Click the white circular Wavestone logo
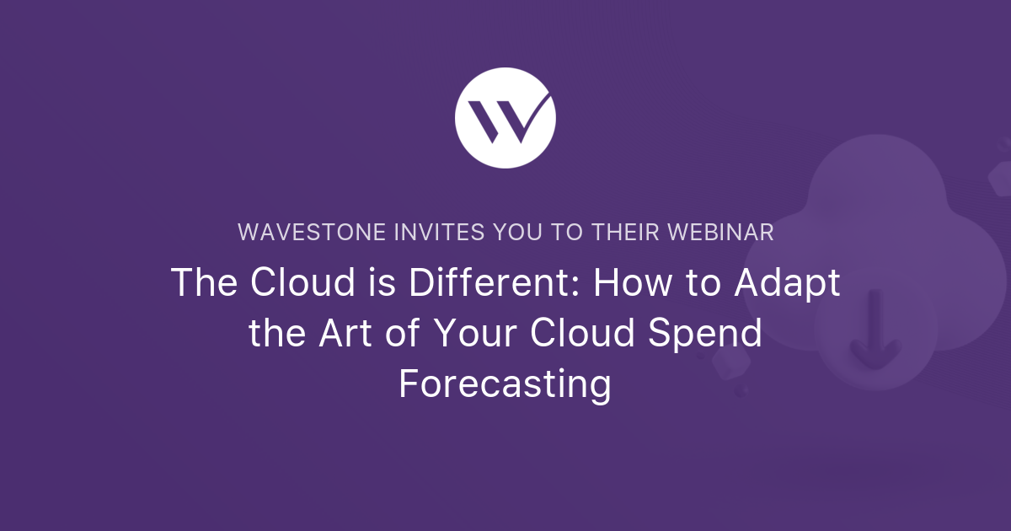(x=505, y=118)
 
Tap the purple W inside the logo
(x=510, y=118)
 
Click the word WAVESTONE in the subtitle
(x=312, y=232)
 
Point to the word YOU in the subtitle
(x=517, y=232)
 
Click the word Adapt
(x=787, y=283)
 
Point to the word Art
(x=345, y=333)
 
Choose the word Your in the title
(x=475, y=333)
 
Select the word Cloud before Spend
(x=583, y=333)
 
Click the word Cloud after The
(x=302, y=282)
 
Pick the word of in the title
(x=403, y=333)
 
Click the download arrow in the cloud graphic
(x=875, y=330)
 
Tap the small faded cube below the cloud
(x=731, y=362)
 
